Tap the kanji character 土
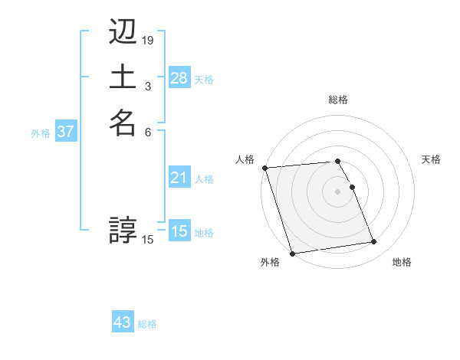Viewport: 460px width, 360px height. (123, 77)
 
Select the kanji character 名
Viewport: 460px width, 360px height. (123, 123)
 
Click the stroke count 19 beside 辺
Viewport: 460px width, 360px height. (148, 40)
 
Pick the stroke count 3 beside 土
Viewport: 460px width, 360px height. (148, 87)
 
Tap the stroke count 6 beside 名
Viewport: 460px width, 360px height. (148, 131)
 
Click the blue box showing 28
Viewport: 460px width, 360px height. (179, 78)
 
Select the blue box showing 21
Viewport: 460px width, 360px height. (179, 178)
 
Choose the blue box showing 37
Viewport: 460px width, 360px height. (65, 132)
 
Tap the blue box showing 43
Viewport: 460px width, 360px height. (122, 322)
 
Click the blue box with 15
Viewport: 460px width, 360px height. (179, 231)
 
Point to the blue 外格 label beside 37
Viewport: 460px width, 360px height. (41, 133)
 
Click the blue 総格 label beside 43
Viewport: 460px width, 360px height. (147, 324)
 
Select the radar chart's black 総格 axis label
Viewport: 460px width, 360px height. (337, 100)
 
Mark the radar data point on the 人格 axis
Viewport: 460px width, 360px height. (264, 168)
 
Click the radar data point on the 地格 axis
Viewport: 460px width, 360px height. (373, 242)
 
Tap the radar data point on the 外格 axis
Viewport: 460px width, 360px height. (292, 253)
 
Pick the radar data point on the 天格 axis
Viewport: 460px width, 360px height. (352, 187)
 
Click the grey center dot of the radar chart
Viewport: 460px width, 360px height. (337, 191)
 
